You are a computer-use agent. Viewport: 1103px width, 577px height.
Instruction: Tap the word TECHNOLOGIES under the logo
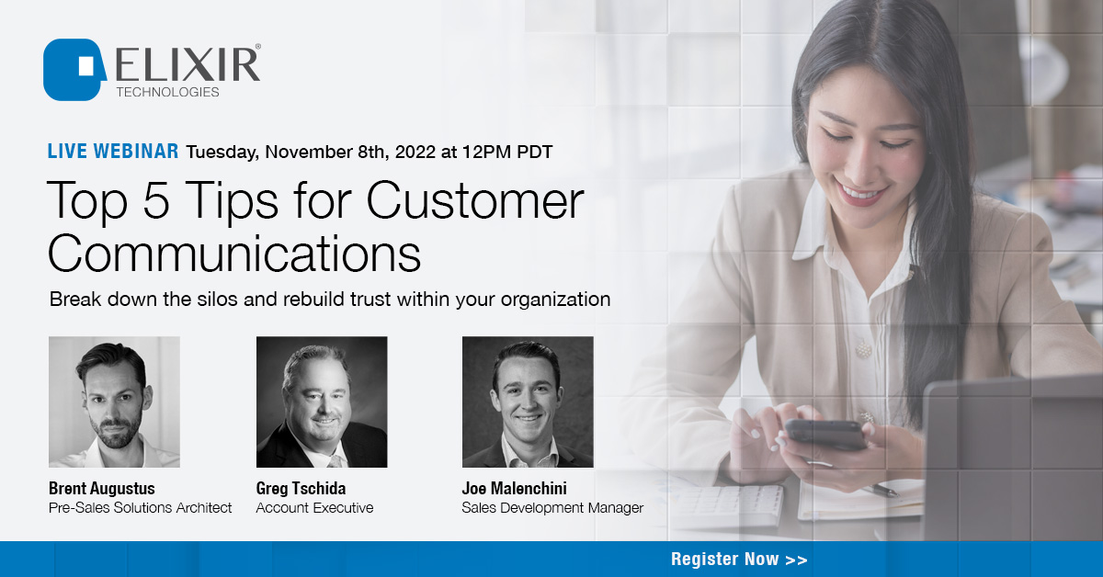(x=167, y=92)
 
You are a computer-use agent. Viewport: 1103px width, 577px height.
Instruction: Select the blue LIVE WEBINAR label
(x=112, y=152)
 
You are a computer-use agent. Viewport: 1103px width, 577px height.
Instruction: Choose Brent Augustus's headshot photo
(x=114, y=402)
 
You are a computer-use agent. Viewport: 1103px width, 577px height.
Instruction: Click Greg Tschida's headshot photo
(x=322, y=402)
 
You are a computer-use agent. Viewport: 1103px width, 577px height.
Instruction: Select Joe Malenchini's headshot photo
(x=528, y=402)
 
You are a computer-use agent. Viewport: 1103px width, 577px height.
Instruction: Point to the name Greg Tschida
(x=301, y=488)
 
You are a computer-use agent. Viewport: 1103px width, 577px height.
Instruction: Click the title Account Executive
(x=314, y=507)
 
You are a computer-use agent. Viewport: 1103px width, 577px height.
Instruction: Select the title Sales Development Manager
(x=552, y=507)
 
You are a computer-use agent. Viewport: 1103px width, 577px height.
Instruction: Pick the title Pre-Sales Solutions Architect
(x=140, y=507)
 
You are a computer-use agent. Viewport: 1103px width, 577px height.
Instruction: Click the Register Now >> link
(x=739, y=559)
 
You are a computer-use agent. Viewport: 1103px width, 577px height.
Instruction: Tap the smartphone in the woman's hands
(x=824, y=434)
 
